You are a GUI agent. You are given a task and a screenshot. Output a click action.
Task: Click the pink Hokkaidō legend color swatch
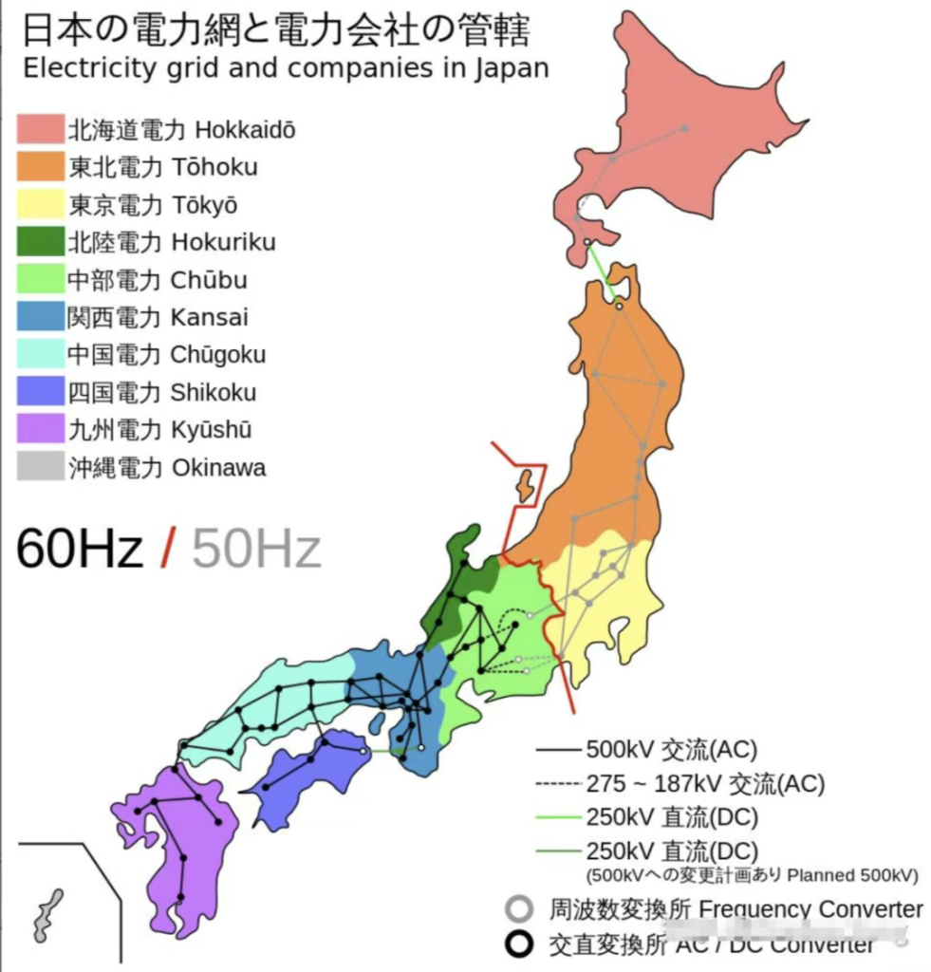40,129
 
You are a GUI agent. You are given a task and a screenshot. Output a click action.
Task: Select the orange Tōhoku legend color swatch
40,167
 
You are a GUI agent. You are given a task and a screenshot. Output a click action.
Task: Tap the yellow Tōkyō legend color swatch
40,204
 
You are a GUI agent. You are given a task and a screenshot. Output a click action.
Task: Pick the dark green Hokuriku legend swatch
40,242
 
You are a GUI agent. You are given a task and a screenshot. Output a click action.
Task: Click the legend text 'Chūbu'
209,280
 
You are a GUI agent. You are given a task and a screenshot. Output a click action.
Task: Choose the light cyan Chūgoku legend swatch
40,355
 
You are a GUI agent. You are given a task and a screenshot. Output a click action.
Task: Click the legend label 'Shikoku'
214,392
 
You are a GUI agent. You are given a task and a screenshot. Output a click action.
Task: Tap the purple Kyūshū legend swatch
40,430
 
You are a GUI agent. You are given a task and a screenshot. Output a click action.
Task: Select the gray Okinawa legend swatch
40,467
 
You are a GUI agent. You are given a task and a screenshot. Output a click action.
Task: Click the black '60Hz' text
80,549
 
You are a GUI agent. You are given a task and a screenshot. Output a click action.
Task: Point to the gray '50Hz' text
256,549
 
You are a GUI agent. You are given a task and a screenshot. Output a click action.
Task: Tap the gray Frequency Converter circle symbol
518,909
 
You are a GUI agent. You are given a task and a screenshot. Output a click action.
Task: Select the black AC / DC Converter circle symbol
518,945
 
